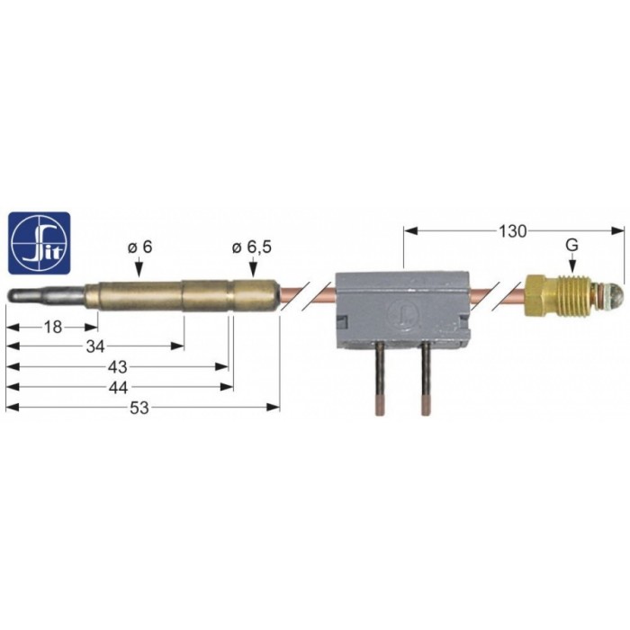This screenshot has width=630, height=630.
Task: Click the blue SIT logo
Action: click(x=39, y=244)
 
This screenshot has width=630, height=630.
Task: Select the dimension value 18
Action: click(x=53, y=328)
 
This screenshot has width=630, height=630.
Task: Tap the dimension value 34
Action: click(x=95, y=346)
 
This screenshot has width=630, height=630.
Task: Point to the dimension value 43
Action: click(x=117, y=367)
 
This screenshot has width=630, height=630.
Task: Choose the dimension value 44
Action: click(x=119, y=388)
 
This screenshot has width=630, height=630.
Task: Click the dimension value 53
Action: click(x=139, y=409)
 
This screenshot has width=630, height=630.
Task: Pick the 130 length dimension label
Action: click(x=512, y=231)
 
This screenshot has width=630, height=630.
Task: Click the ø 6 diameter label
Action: click(x=139, y=247)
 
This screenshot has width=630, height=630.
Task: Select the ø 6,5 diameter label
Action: click(x=252, y=247)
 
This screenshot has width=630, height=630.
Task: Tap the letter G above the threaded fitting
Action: click(x=571, y=245)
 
